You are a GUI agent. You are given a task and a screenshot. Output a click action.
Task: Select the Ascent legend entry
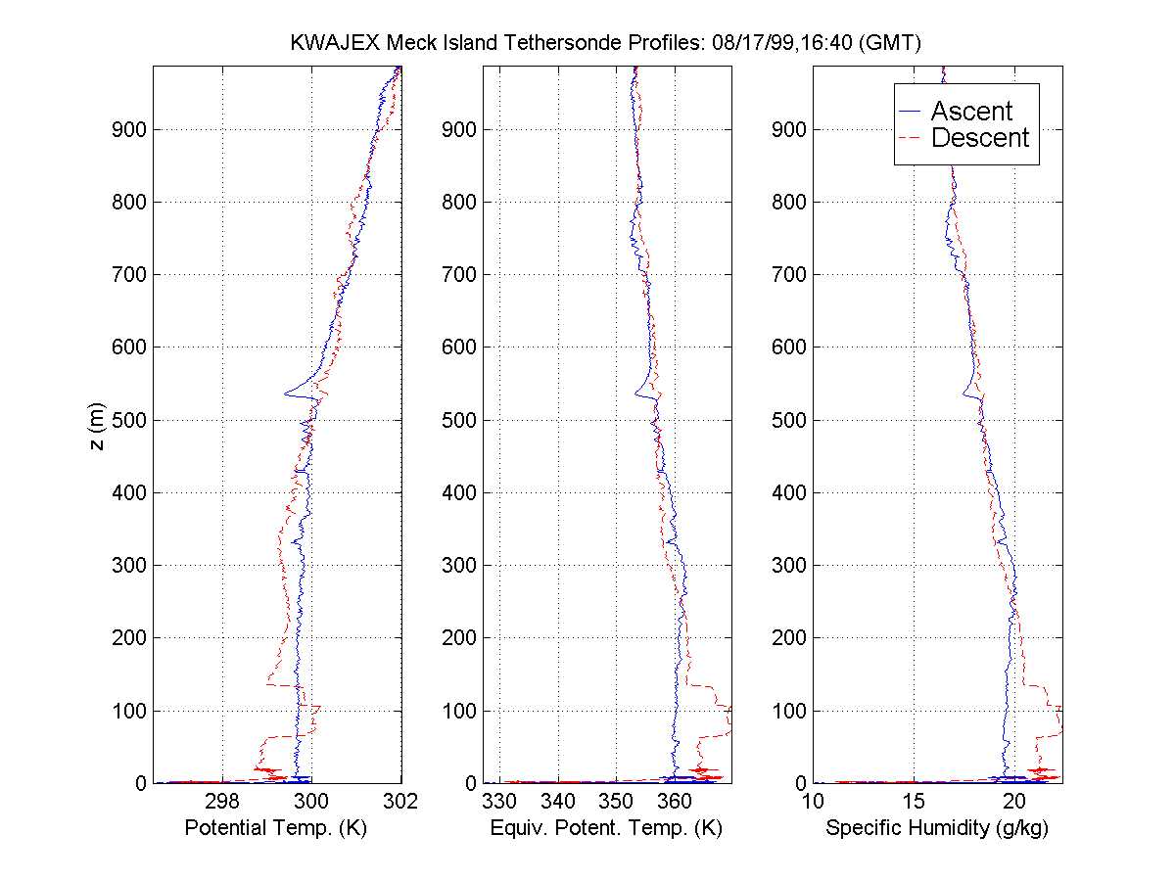(970, 111)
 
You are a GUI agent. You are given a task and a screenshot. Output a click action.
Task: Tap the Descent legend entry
(979, 138)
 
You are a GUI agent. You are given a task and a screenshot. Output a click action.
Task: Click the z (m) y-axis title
(95, 425)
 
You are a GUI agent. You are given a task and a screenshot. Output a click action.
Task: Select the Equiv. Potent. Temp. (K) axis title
(607, 828)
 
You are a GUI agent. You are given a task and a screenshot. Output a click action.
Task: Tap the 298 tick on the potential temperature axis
(222, 802)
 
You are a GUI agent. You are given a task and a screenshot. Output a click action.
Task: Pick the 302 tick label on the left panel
(401, 802)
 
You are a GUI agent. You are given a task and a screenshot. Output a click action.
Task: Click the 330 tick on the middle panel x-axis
(499, 802)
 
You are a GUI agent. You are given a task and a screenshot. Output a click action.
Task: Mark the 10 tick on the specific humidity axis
(813, 802)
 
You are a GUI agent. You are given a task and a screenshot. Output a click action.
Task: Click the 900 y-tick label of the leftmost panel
(128, 129)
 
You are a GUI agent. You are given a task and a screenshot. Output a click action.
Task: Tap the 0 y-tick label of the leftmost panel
(141, 783)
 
